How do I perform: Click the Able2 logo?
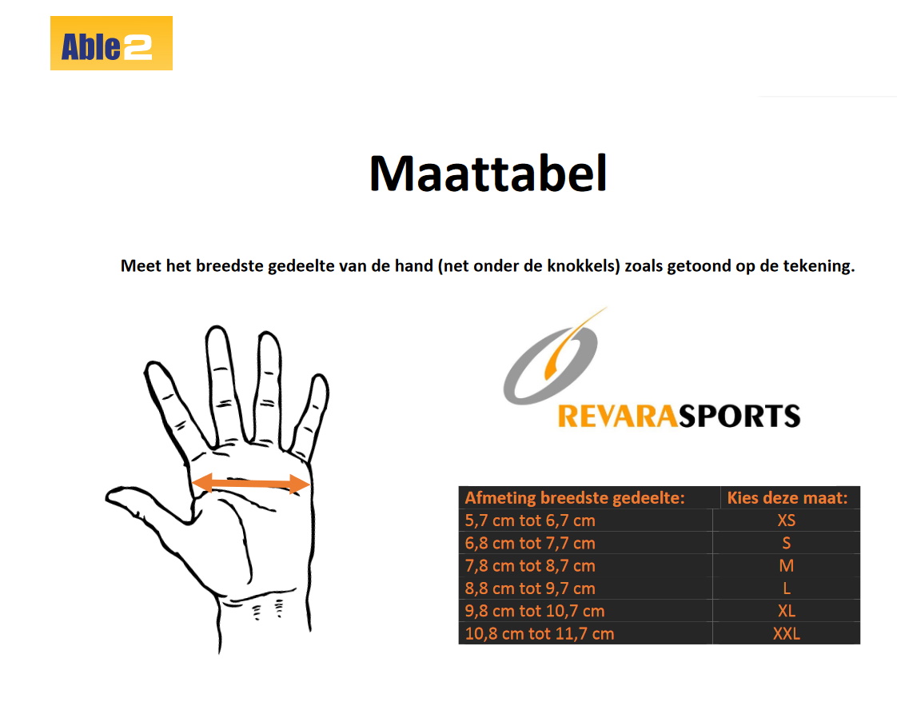111,43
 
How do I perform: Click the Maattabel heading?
488,173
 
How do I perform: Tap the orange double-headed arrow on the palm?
250,483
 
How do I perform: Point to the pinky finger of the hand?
313,408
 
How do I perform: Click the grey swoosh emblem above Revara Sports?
551,360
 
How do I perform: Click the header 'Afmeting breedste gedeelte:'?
575,498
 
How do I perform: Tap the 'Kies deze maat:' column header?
787,498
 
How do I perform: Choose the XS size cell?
787,521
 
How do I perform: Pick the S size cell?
787,544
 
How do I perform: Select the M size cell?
787,566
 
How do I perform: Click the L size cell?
787,588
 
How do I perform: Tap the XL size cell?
787,611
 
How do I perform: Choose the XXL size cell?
787,634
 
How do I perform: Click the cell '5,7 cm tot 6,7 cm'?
530,521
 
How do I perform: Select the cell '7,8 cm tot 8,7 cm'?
530,566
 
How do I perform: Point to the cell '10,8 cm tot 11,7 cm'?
540,634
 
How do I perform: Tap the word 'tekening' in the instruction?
818,266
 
